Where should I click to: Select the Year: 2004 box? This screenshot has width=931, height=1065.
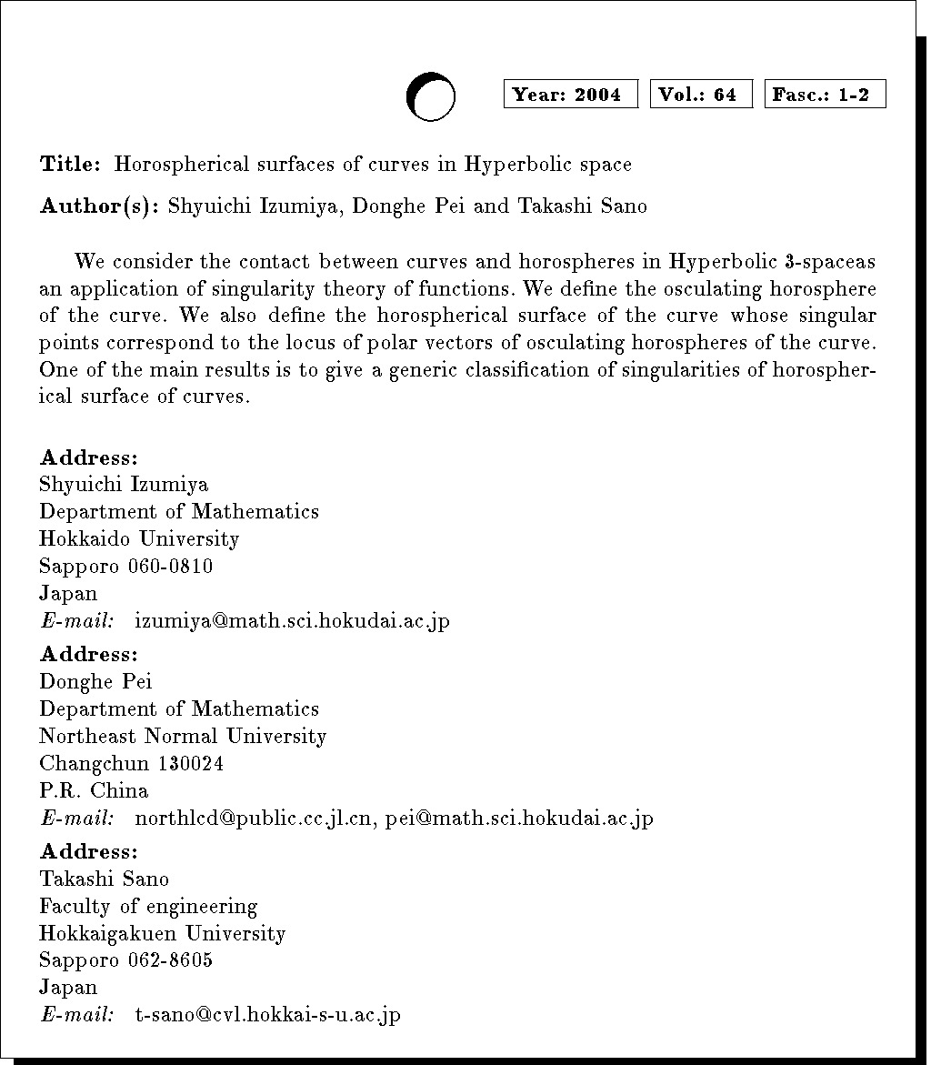click(570, 95)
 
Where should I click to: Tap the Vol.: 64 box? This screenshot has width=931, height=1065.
click(700, 95)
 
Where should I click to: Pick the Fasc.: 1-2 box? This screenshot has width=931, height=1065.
click(825, 95)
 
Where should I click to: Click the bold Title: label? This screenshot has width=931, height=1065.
click(70, 165)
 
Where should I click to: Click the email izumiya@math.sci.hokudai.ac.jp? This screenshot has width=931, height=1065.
click(292, 621)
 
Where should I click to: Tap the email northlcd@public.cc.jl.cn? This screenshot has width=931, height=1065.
click(254, 819)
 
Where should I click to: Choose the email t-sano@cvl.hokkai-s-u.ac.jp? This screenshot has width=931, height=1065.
click(267, 1015)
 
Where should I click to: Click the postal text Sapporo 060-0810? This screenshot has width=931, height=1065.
click(126, 567)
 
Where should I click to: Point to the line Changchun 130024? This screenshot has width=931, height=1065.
click(132, 764)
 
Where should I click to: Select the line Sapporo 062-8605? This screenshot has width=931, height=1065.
click(126, 960)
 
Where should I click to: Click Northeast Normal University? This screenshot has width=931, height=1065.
click(183, 737)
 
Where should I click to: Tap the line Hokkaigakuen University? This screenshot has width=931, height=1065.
click(163, 933)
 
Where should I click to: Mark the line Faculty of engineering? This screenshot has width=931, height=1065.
click(148, 906)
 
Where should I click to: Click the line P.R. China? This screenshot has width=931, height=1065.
click(94, 791)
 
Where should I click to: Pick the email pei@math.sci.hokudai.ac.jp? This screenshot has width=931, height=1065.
click(519, 819)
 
